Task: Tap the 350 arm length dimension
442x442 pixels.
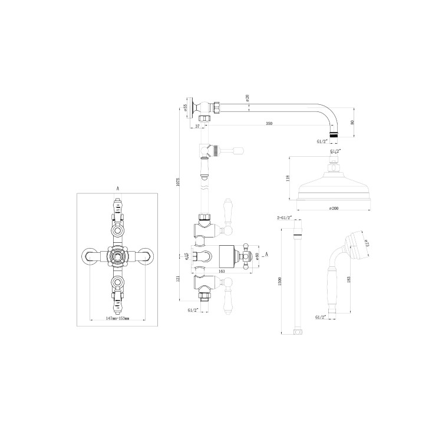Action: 269,123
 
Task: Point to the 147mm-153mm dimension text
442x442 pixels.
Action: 117,318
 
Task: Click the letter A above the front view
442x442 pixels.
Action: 118,188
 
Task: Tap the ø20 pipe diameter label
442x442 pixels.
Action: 248,99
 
